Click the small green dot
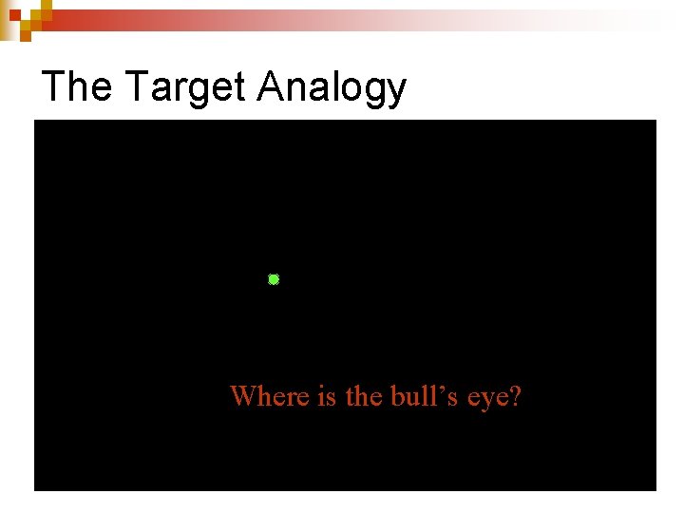pos(274,279)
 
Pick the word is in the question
pos(327,395)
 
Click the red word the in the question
pos(363,395)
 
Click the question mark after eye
pos(516,395)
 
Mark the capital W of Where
pos(243,395)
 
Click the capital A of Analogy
pos(272,86)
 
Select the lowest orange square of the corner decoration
pos(25,35)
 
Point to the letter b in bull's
pos(397,395)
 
